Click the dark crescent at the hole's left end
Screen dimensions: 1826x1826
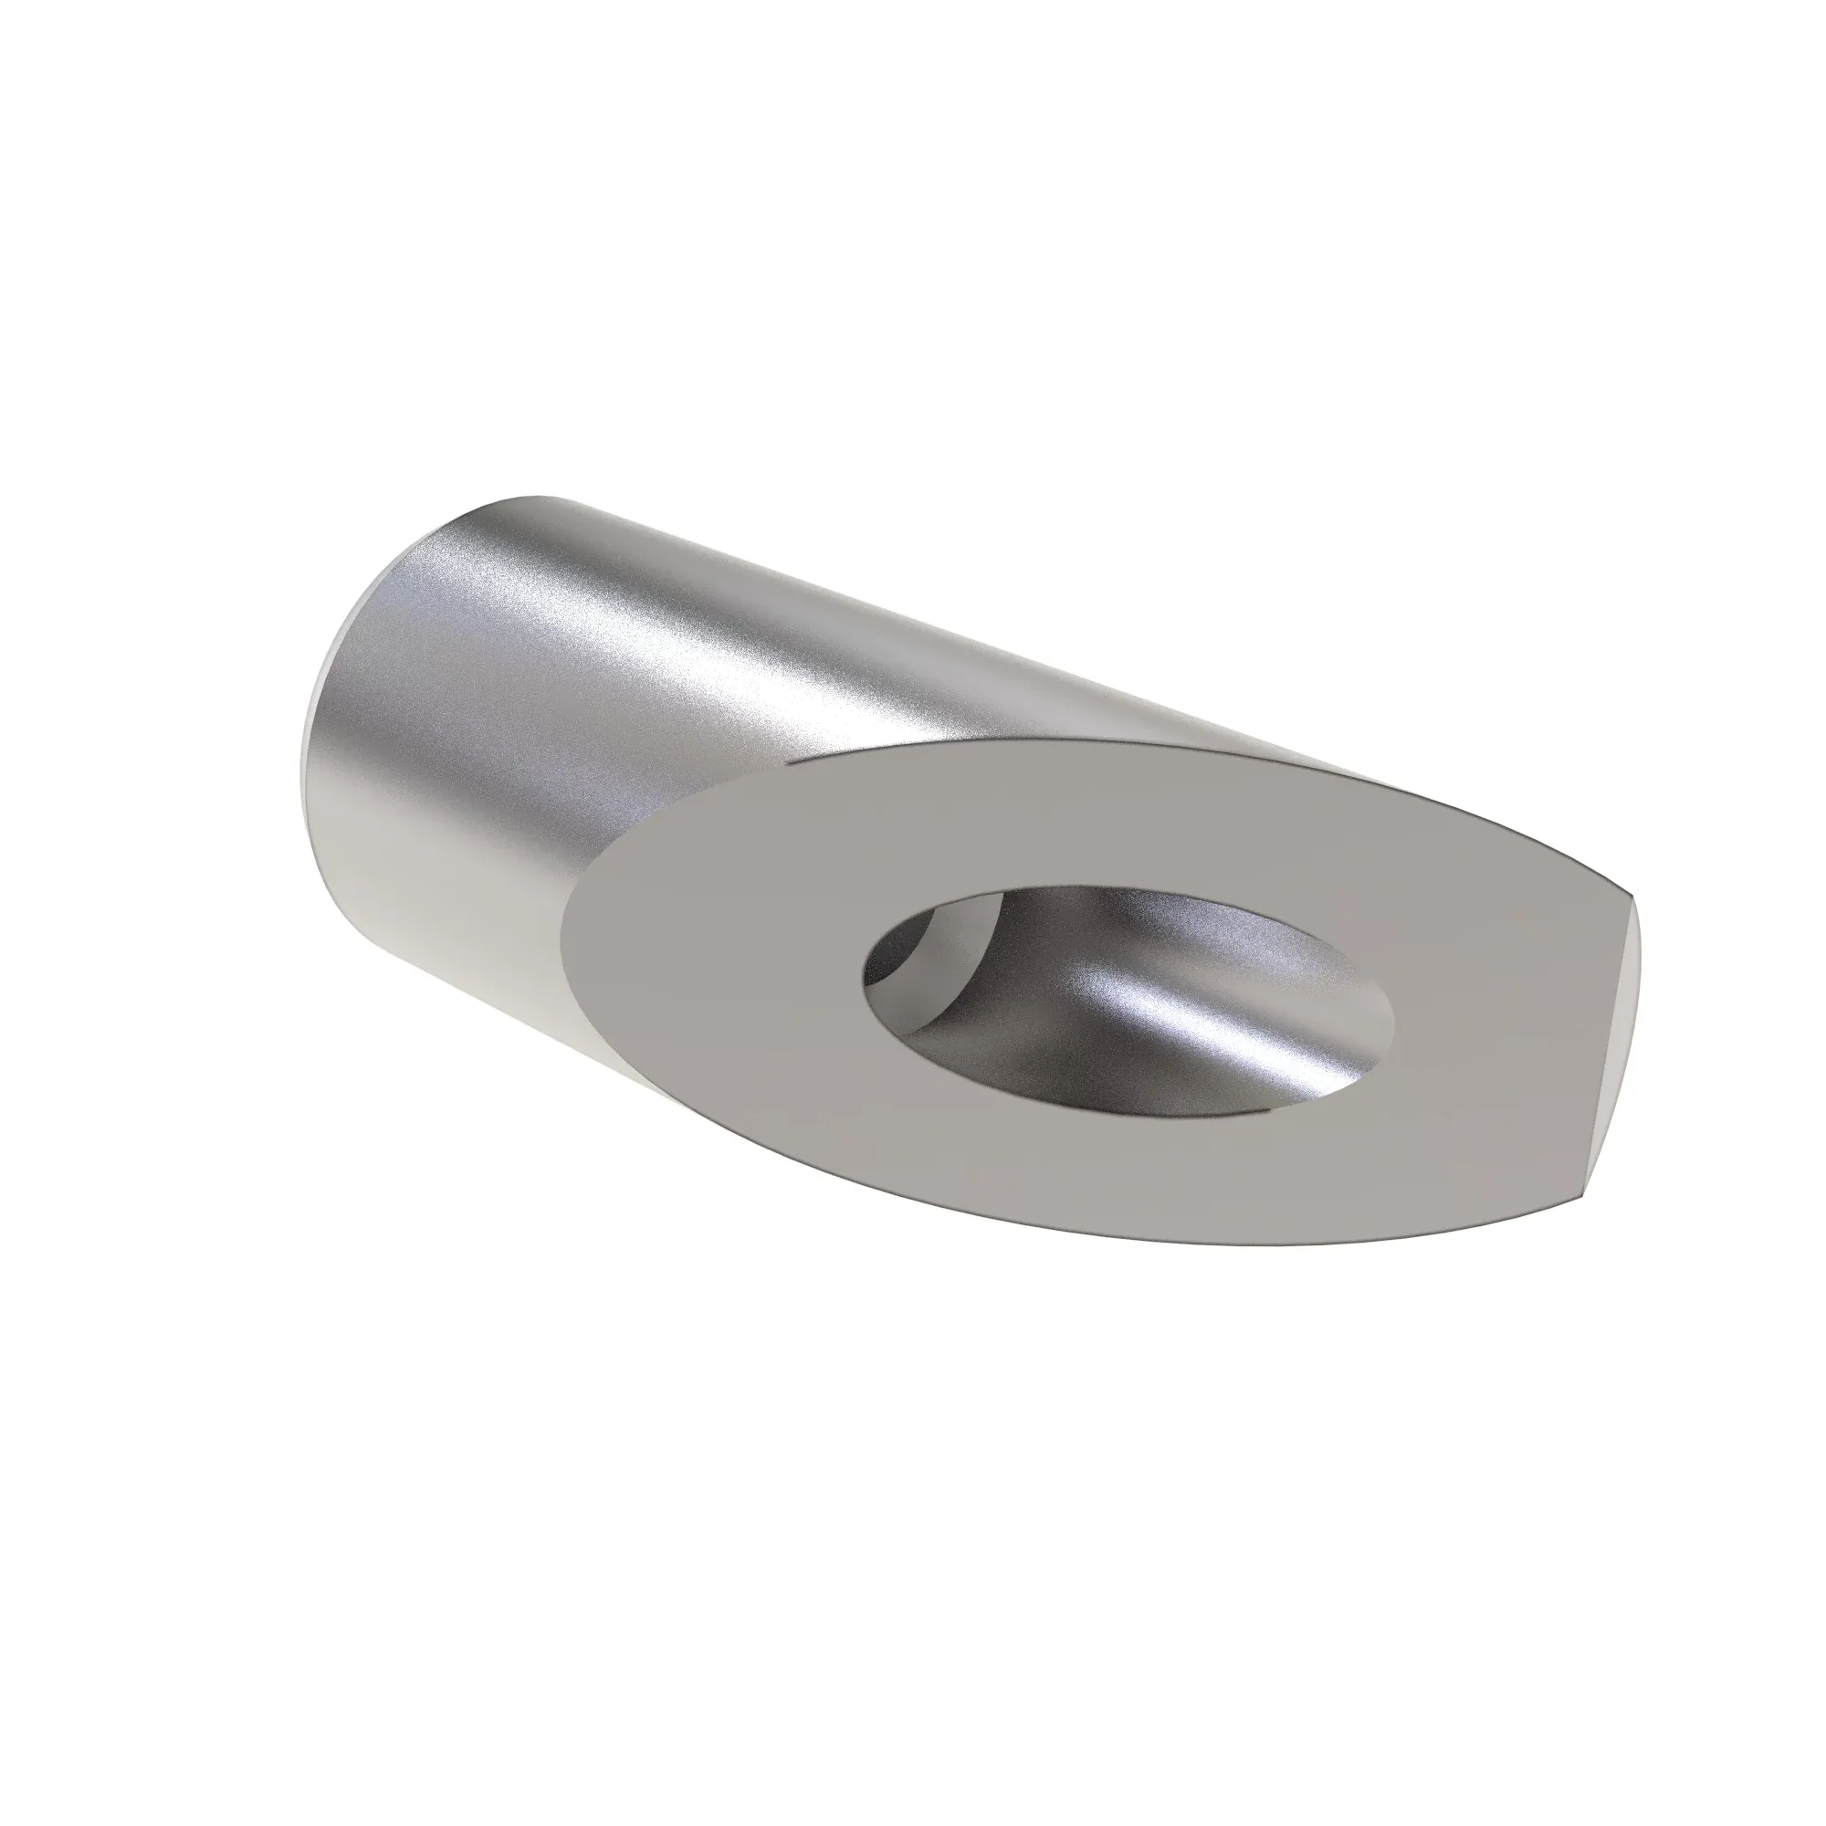[893, 955]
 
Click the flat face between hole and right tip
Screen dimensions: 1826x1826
[1494, 1021]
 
